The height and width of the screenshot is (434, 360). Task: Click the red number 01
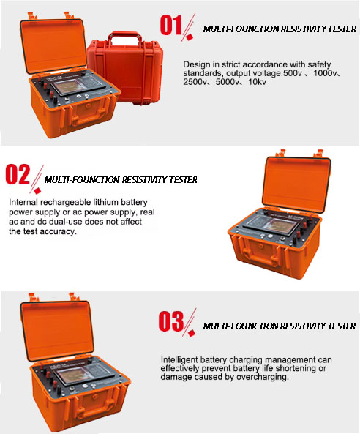coord(170,25)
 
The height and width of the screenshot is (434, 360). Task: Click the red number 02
coord(18,174)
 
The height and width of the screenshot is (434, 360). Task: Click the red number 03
coord(171,321)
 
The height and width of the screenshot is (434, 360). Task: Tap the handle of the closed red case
coord(124,38)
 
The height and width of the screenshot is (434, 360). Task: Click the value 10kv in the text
coord(258,82)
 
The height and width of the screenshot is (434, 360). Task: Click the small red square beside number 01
coord(190,37)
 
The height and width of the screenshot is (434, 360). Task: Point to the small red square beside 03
coord(192,333)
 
